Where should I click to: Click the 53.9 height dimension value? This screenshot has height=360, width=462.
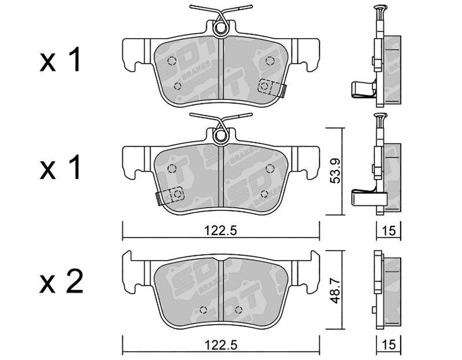335,170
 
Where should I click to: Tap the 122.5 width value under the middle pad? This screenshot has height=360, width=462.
221,231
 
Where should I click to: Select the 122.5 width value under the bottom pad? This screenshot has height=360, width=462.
221,344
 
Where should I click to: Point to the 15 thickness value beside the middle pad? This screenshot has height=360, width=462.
388,231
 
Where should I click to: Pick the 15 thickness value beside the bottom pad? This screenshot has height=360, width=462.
388,344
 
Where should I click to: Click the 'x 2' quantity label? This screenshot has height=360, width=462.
61,281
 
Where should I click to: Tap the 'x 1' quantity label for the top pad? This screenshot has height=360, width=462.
60,60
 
